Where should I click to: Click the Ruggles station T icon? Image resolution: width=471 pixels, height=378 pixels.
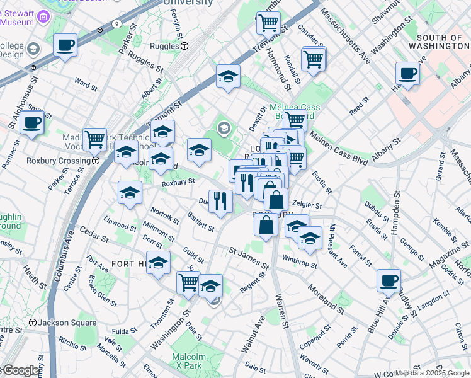(184, 46)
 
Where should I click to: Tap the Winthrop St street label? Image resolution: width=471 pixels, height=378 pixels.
(300, 261)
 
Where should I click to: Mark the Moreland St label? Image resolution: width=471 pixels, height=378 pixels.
(326, 299)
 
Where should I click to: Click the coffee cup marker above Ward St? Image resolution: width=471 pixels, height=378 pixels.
(65, 45)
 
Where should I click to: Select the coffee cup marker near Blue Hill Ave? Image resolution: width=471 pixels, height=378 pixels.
(389, 280)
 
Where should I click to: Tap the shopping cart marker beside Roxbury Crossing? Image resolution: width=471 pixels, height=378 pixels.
(94, 139)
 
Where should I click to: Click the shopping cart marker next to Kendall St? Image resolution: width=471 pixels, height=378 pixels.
(314, 59)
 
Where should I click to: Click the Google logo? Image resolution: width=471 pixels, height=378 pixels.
(21, 371)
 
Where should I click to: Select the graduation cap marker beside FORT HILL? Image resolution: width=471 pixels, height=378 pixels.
(159, 263)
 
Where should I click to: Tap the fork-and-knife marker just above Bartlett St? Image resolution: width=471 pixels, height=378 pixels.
(220, 201)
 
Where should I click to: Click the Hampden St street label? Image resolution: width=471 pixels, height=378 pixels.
(396, 214)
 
